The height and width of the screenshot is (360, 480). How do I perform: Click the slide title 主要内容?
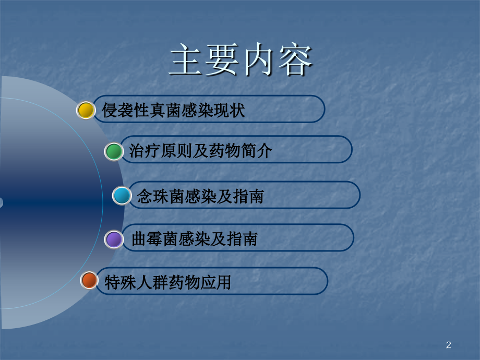[241, 61]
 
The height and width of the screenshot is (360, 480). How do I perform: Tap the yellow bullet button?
[86, 110]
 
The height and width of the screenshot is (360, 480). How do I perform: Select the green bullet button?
[114, 151]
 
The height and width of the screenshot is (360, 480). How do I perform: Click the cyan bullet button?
[122, 196]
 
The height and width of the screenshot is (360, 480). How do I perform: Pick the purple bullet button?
[114, 239]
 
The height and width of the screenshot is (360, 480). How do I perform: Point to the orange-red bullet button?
[89, 281]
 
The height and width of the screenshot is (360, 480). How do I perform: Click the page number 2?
[449, 345]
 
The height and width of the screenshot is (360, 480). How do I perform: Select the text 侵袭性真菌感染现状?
[173, 111]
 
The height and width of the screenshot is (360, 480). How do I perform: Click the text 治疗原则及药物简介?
[200, 151]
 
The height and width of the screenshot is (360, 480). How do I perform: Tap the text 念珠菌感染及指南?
[200, 196]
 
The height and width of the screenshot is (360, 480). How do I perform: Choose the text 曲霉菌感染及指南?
[194, 239]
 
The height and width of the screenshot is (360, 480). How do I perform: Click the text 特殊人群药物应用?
[167, 282]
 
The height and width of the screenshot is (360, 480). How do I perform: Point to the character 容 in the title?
[295, 61]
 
